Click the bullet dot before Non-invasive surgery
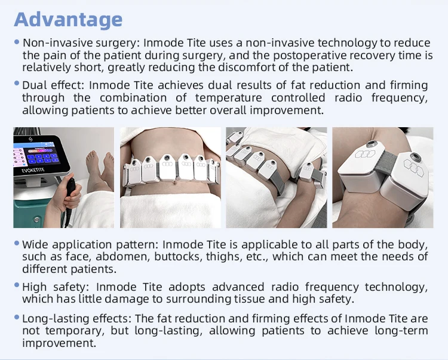pyautogui.click(x=17, y=42)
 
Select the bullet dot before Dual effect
pyautogui.click(x=17, y=84)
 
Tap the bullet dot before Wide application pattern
pyautogui.click(x=17, y=243)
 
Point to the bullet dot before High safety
pyautogui.click(x=17, y=285)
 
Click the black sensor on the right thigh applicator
pyautogui.click(x=412, y=160)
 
